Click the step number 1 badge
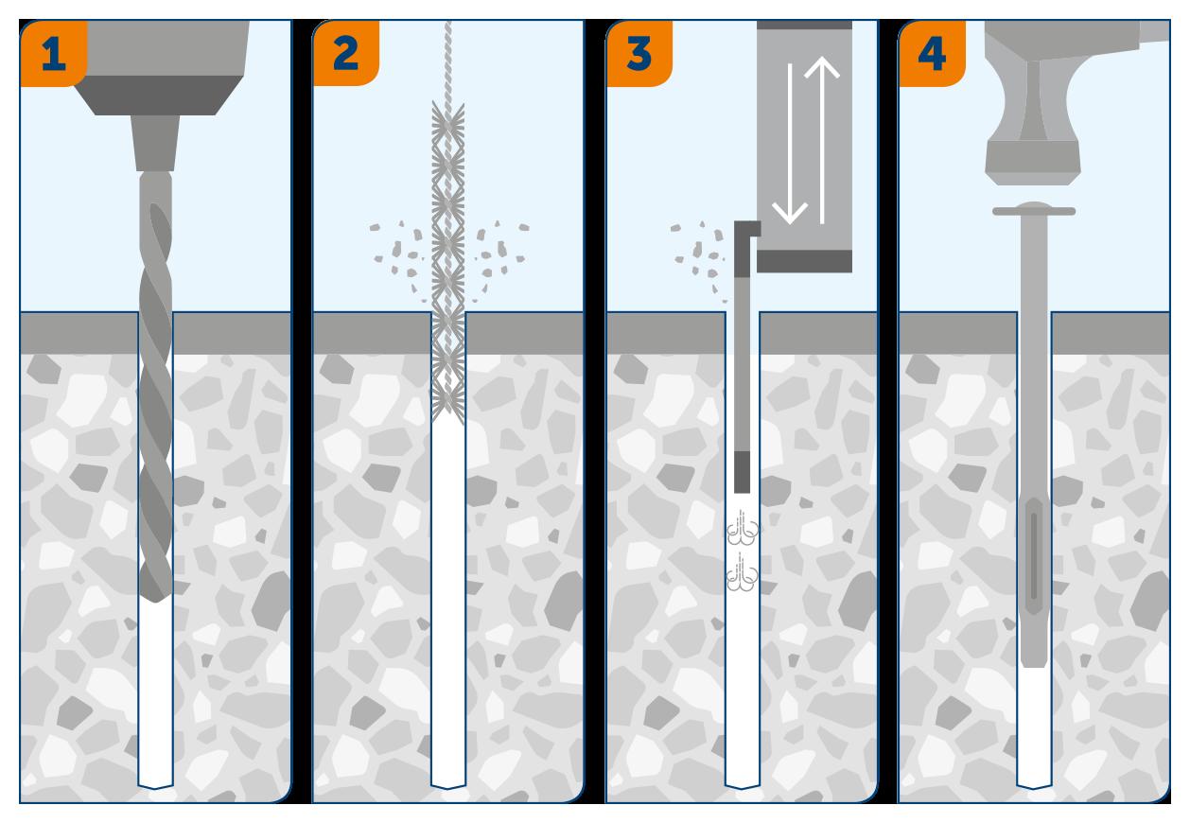(x=53, y=53)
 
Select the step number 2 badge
(x=346, y=53)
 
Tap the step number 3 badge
(x=639, y=53)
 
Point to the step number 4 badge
(x=932, y=53)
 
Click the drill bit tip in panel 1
(x=155, y=601)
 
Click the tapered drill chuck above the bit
(x=155, y=143)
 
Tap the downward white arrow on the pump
(x=790, y=144)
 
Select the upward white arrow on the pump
(x=822, y=139)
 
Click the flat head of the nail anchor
(x=1034, y=210)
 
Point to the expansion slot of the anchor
(x=1034, y=555)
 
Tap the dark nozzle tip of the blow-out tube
(x=743, y=472)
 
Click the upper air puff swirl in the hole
(x=743, y=529)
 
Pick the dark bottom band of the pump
(x=804, y=261)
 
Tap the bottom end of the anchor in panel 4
(x=1034, y=663)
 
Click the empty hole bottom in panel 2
(x=447, y=784)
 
